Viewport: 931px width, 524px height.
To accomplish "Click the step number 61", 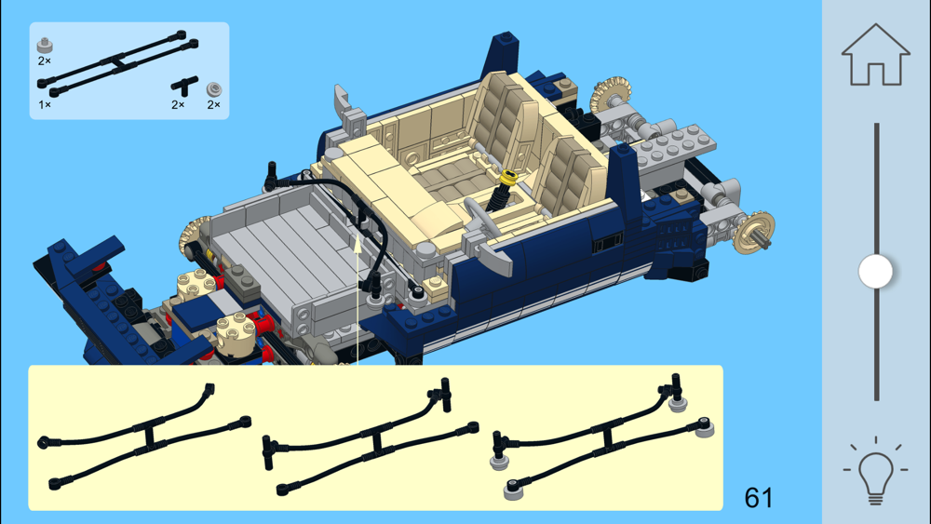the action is tap(758, 498).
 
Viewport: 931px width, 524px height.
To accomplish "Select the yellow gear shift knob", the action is tap(509, 177).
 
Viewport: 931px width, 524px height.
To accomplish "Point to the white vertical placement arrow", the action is tap(358, 301).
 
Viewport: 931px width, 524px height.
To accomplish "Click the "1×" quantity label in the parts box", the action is tap(45, 105).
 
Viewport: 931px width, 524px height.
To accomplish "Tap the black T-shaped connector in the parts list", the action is tap(184, 86).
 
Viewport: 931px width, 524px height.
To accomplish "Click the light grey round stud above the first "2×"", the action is tap(45, 45).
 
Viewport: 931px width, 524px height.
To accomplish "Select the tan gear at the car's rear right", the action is tap(753, 231).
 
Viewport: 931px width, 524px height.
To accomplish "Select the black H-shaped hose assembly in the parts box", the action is tap(117, 63).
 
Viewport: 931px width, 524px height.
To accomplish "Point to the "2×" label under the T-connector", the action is tap(178, 105).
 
